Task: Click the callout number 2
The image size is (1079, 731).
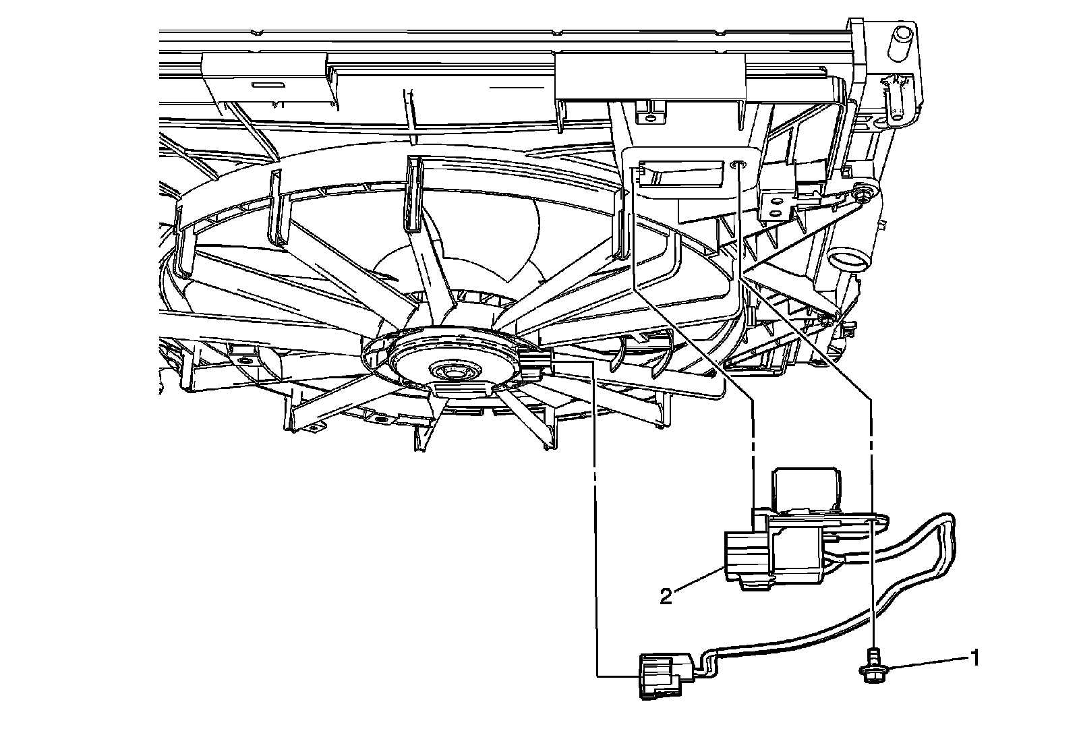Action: (666, 596)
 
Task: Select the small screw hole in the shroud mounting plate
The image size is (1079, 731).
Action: (740, 164)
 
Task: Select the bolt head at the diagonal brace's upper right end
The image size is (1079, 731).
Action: (863, 194)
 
